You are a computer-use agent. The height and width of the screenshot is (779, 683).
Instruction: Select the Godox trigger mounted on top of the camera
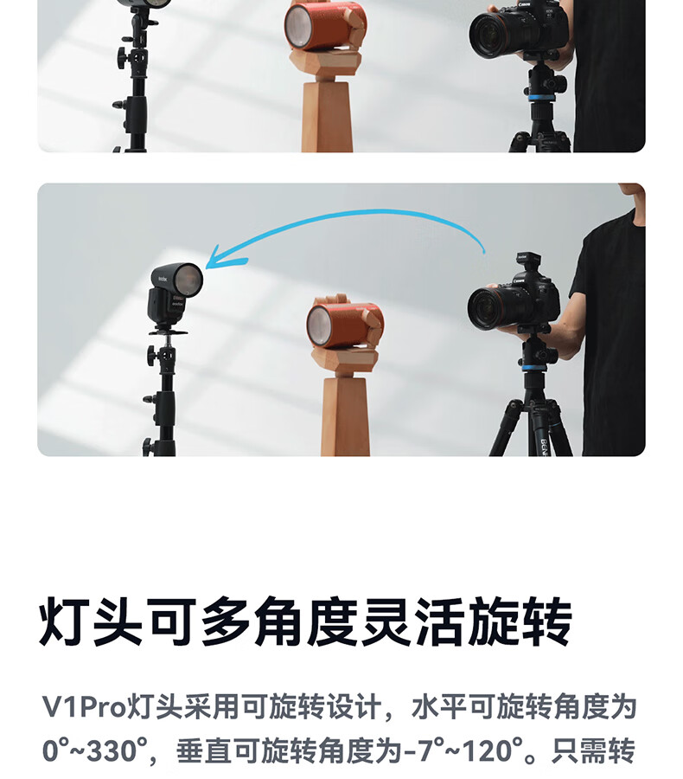[x=527, y=263]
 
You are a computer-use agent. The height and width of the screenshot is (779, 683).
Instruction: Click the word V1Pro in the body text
[x=85, y=706]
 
